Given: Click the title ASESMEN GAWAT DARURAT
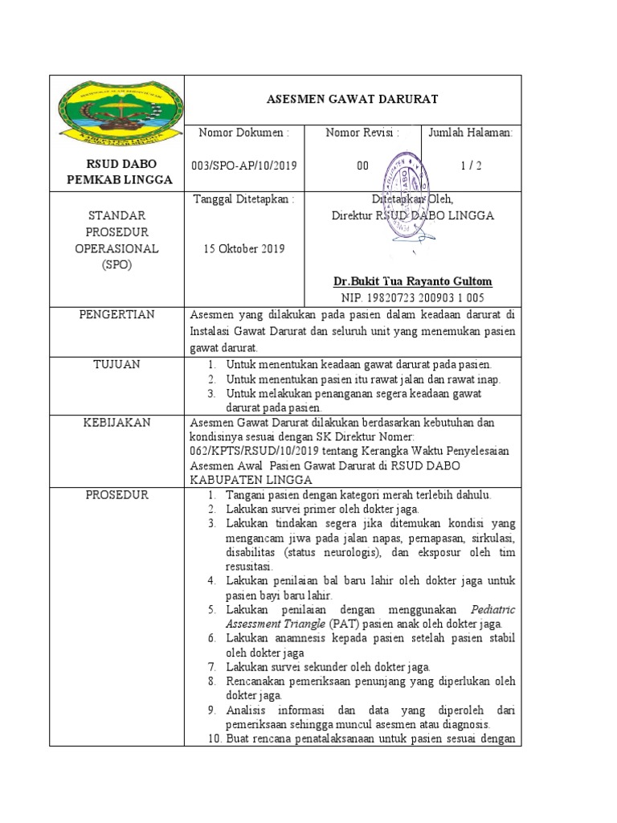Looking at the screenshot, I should click(x=352, y=99).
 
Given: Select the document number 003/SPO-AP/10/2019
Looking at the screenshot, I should click(x=245, y=166).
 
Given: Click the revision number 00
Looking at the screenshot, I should click(x=362, y=166).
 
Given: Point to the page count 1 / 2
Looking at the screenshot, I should click(x=472, y=166).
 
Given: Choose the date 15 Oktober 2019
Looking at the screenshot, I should click(x=244, y=249).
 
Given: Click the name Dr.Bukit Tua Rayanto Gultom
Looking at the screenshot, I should click(x=413, y=281).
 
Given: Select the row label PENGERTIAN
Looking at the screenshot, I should click(x=116, y=314).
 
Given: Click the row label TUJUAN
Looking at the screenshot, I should click(x=116, y=364).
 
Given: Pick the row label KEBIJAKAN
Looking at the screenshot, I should click(x=116, y=422).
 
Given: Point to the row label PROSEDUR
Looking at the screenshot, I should click(x=116, y=494).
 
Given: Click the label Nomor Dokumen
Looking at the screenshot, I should click(x=243, y=132).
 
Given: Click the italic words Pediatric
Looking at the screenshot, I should click(x=493, y=609).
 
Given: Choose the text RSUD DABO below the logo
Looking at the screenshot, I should click(x=117, y=165).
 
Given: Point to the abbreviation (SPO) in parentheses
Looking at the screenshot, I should click(x=117, y=264).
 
